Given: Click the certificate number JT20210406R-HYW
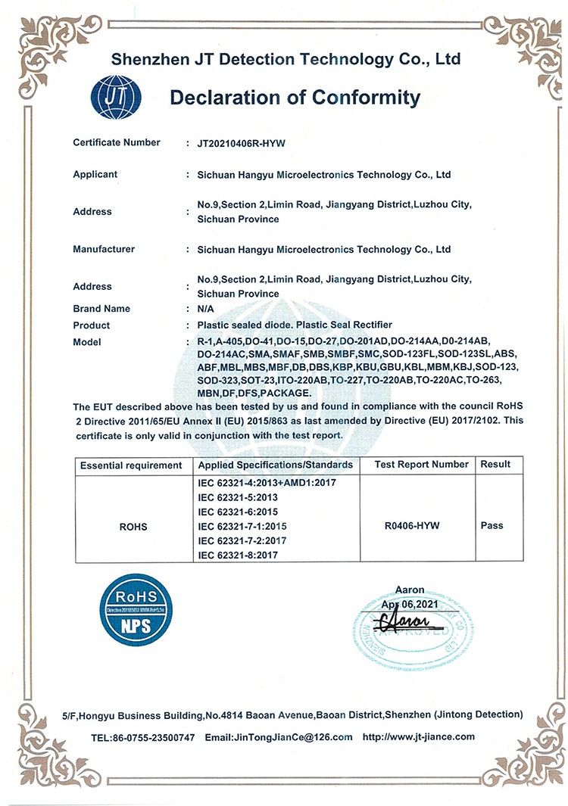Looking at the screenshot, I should coord(240,142).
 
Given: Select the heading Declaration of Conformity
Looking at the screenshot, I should coord(295,98).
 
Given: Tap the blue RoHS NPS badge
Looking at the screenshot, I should coord(136,610).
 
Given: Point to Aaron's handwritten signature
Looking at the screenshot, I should coord(405,622).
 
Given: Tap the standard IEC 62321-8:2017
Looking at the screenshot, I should coord(238,555).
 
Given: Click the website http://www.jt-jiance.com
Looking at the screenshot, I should coord(419,737).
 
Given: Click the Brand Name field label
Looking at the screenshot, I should coord(101,309).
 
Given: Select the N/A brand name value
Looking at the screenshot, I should coord(205,309).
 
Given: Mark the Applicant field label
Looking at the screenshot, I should coord(95,174).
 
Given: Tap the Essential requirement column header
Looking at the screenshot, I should coord(131,465).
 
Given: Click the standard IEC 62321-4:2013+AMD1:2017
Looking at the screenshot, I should coord(266,482).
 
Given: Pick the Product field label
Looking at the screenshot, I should coord(92,325).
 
